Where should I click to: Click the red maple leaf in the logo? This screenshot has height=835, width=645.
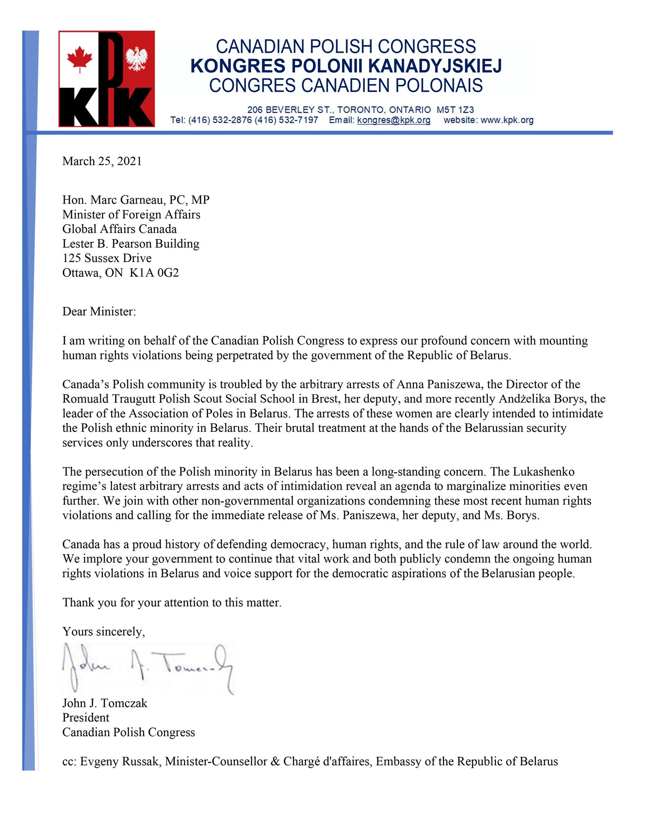(80, 58)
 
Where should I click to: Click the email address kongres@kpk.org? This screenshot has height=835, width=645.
(393, 120)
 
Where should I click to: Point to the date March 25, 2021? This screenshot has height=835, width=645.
(102, 161)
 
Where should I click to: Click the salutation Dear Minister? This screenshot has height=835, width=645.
(99, 312)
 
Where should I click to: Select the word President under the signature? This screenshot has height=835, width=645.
(86, 718)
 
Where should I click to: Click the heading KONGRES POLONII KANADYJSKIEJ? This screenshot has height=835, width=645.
(346, 66)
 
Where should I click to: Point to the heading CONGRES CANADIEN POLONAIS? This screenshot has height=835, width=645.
(346, 86)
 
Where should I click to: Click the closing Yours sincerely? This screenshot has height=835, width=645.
(104, 632)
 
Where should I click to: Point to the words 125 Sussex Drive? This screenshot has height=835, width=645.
(107, 258)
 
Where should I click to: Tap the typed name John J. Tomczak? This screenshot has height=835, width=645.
(105, 703)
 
